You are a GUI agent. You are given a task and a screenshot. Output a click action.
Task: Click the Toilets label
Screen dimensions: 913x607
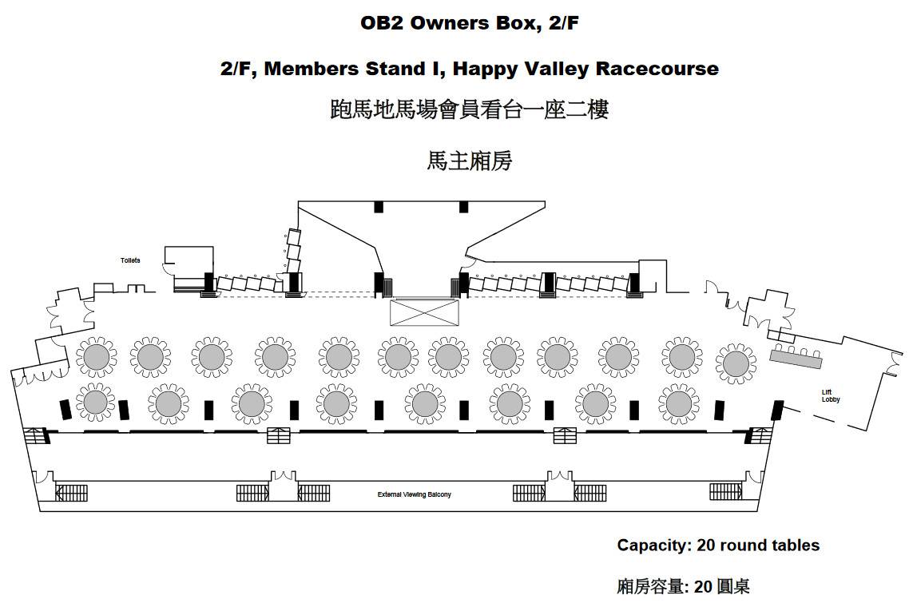[x=130, y=260]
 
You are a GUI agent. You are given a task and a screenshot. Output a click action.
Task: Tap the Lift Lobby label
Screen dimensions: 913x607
[x=830, y=395]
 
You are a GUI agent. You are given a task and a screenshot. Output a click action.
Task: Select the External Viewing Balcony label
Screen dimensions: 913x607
[x=414, y=494]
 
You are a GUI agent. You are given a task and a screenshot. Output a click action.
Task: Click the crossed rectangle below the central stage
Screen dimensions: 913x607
[x=424, y=312]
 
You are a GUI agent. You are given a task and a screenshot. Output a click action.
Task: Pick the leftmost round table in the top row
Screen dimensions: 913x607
[x=97, y=357]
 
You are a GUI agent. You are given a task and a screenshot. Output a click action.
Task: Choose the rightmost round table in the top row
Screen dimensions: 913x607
[x=736, y=364]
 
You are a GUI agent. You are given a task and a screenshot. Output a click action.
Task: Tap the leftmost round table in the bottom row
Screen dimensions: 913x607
[x=96, y=403]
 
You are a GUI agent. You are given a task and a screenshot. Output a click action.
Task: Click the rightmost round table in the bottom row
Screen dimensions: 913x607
[x=679, y=403]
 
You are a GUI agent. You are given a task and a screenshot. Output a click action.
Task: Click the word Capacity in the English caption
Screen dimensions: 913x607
[x=653, y=546]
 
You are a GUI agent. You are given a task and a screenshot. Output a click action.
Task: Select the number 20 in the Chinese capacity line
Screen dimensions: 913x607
[x=704, y=586]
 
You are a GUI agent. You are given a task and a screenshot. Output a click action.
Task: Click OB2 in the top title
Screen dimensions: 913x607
[x=382, y=22]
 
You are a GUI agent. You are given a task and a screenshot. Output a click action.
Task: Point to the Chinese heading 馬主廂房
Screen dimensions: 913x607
[x=470, y=161]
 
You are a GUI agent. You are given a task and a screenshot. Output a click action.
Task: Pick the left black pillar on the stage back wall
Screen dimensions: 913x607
[x=379, y=207]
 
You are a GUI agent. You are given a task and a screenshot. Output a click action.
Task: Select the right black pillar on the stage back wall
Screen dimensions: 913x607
[x=463, y=207]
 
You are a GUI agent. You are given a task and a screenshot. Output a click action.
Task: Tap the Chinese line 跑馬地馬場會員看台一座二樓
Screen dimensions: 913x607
[x=470, y=109]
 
